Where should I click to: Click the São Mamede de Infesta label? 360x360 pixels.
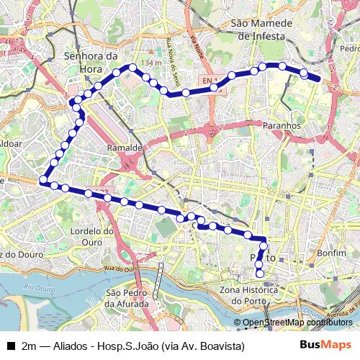click(259, 29)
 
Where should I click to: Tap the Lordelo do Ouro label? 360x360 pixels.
click(94, 236)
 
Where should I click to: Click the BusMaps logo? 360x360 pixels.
click(325, 345)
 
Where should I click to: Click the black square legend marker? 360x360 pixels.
click(10, 346)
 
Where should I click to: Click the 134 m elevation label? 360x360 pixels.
click(152, 63)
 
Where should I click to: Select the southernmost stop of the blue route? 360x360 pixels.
click(259, 274)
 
